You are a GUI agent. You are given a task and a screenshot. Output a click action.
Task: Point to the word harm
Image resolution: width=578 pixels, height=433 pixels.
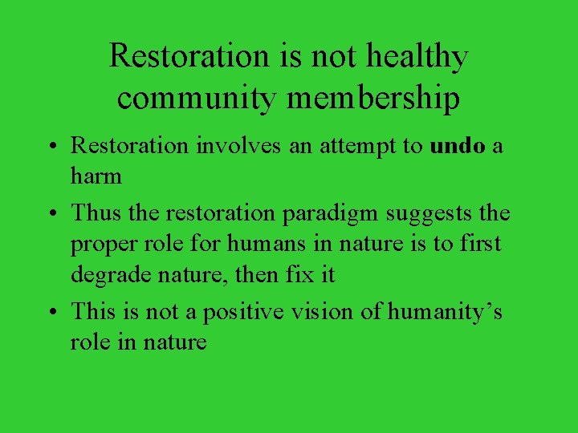click(96, 176)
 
